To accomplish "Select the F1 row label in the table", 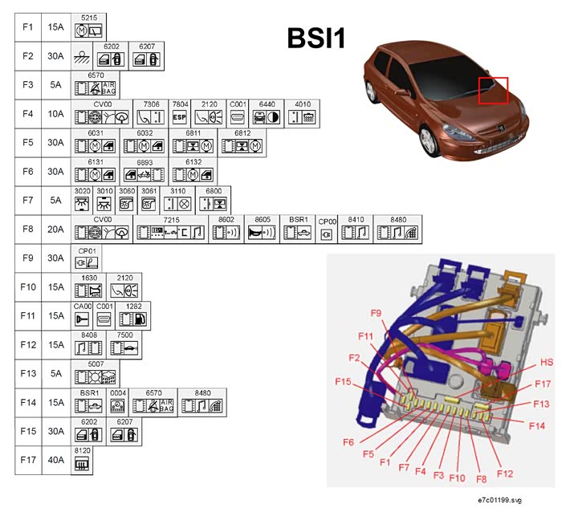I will coord(27,27).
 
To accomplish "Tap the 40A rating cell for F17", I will coord(56,461).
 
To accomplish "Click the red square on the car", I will coord(493,91).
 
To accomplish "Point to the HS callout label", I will coord(545,362).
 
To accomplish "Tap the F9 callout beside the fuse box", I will coord(375,312).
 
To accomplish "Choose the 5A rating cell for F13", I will coord(56,374).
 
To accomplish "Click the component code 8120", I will coord(82,451).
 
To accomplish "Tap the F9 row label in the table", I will coord(27,258).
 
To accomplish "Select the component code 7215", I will coord(171,220).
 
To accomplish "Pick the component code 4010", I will coord(303,104).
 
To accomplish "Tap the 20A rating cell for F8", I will coord(56,230).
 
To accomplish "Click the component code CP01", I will coord(88,250).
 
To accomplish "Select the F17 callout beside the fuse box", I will coord(542,385).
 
